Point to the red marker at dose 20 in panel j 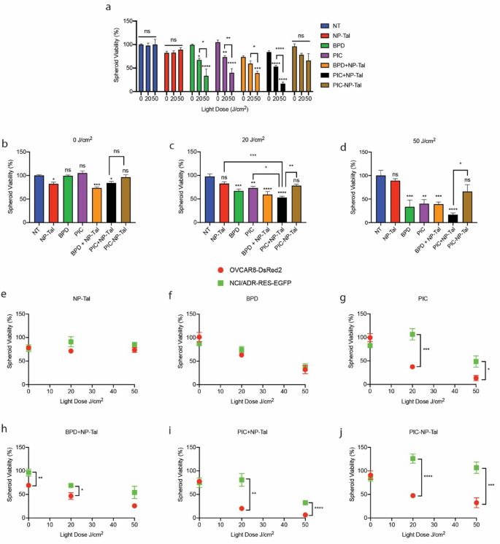(x=412, y=495)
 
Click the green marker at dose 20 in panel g (x=412, y=335)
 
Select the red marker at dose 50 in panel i (x=303, y=515)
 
